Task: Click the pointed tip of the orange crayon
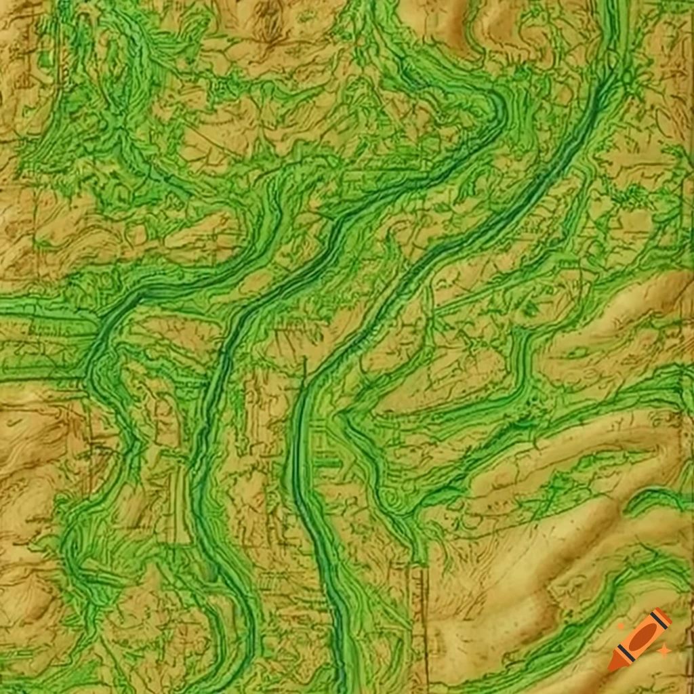pyautogui.click(x=612, y=667)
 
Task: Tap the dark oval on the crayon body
pyautogui.click(x=641, y=637)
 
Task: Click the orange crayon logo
pyautogui.click(x=640, y=639)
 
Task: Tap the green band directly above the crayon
pyautogui.click(x=637, y=576)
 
